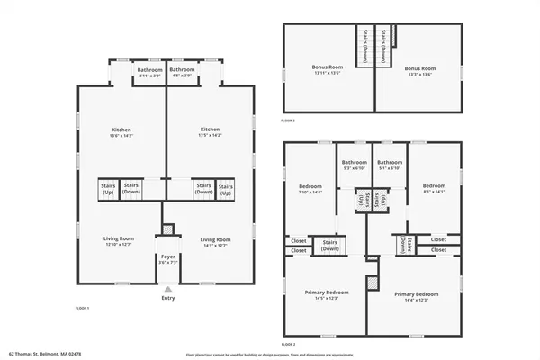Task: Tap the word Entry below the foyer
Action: click(x=167, y=298)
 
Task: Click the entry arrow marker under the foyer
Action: click(x=167, y=289)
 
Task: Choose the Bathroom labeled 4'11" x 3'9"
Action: click(x=149, y=72)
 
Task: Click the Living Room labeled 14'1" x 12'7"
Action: click(x=215, y=242)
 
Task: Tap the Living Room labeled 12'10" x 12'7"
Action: click(x=119, y=242)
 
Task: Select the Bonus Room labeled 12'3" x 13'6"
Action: click(x=419, y=71)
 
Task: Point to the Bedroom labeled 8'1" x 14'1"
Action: click(x=434, y=189)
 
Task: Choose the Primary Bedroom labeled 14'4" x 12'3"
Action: click(x=416, y=296)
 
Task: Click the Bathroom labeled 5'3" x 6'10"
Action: click(x=354, y=166)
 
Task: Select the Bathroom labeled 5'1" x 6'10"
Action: click(x=389, y=166)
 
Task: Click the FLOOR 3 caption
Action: click(x=288, y=120)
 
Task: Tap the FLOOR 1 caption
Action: click(x=83, y=308)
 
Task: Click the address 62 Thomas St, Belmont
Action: click(x=45, y=354)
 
